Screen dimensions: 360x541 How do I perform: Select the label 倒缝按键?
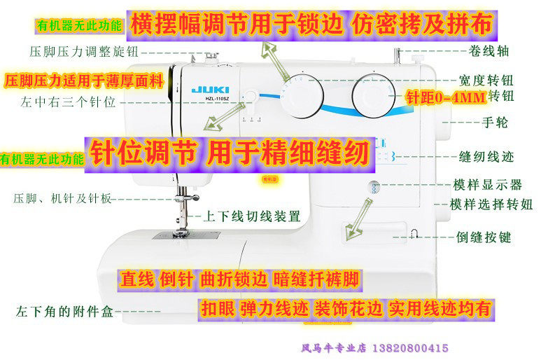(x=484, y=237)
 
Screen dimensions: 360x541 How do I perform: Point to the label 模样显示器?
(x=487, y=185)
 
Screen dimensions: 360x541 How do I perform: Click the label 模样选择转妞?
(x=491, y=205)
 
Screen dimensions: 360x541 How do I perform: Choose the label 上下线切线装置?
(x=251, y=216)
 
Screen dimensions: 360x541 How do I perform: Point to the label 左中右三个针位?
(x=72, y=102)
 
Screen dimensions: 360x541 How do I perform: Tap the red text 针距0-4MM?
(x=445, y=99)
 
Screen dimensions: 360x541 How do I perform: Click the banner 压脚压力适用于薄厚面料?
(x=84, y=80)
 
